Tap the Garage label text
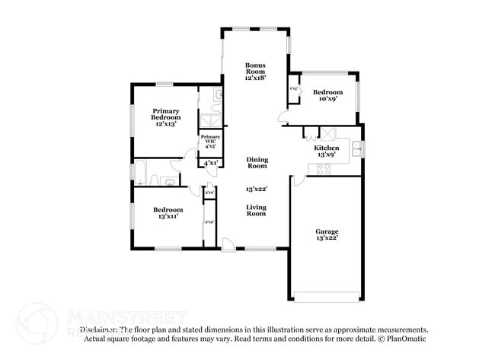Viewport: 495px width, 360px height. click(x=327, y=231)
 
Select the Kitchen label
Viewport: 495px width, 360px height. click(x=327, y=148)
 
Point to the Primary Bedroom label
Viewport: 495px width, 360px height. click(x=166, y=113)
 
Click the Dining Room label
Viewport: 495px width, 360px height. click(x=257, y=163)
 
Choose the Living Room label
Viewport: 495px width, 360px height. click(x=256, y=210)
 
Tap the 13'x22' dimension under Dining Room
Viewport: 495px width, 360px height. click(x=257, y=189)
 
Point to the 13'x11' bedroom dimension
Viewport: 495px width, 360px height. click(x=168, y=217)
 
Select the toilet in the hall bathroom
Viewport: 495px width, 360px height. click(x=155, y=180)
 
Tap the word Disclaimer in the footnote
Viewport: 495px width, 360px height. click(x=99, y=330)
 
